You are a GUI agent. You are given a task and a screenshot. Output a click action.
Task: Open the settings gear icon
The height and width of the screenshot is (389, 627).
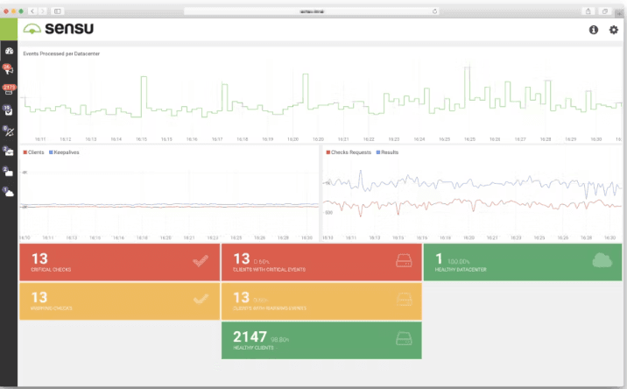click(613, 30)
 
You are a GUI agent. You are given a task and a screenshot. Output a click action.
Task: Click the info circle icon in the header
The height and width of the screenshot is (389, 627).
click(593, 30)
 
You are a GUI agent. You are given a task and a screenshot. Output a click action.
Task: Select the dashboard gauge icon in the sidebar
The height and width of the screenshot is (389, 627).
click(9, 51)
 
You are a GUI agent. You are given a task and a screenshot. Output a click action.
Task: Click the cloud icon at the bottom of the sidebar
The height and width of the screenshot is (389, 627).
click(9, 192)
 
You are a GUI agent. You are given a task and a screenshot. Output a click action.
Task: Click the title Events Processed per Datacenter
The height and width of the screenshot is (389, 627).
click(61, 53)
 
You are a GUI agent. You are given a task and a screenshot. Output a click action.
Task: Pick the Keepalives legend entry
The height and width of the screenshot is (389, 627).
click(66, 152)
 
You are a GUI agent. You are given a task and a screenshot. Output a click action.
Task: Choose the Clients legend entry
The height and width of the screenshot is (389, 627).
click(34, 152)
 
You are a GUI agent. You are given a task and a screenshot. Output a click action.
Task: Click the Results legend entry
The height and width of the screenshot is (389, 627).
click(389, 152)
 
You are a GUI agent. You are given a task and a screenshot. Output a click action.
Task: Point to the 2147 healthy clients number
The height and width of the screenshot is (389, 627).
click(249, 336)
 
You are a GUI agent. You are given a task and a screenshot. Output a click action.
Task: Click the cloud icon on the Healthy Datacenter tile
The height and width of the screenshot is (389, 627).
click(602, 259)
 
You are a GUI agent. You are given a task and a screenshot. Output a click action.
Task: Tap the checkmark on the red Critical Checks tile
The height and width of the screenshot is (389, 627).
click(201, 260)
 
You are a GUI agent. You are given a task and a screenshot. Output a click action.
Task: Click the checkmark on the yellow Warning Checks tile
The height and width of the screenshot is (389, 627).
click(201, 300)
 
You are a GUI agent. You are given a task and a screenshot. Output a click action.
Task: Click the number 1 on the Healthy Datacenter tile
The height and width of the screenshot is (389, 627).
click(439, 258)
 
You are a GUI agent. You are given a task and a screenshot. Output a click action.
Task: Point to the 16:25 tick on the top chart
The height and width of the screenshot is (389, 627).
click(469, 139)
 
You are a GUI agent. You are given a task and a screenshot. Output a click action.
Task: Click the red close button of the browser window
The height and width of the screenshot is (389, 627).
click(8, 11)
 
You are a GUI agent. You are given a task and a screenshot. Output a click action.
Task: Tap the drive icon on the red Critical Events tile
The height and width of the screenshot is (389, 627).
click(403, 260)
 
